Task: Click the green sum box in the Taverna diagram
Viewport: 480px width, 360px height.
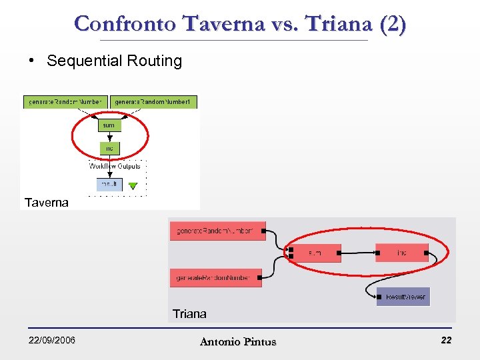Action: pyautogui.click(x=108, y=125)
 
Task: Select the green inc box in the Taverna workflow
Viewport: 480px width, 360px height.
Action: pyautogui.click(x=109, y=148)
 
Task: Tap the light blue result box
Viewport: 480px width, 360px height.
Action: pyautogui.click(x=109, y=184)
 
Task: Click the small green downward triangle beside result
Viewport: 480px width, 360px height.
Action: pyautogui.click(x=133, y=186)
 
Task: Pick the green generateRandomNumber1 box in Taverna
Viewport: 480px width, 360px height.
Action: pyautogui.click(x=154, y=102)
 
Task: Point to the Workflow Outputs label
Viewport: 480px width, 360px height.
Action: pyautogui.click(x=115, y=166)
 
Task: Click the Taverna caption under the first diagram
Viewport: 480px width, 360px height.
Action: pyautogui.click(x=46, y=202)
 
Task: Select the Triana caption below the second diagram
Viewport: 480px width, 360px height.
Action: pyautogui.click(x=189, y=313)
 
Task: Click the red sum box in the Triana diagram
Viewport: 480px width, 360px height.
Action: pyautogui.click(x=315, y=253)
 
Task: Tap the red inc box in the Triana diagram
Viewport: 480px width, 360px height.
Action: pyautogui.click(x=401, y=253)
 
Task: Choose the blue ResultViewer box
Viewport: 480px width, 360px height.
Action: pyautogui.click(x=403, y=297)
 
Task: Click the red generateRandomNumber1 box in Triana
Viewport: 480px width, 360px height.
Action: pyautogui.click(x=217, y=231)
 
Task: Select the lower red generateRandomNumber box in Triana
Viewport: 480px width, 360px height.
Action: pyautogui.click(x=215, y=277)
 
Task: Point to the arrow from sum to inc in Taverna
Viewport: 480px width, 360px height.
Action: pyautogui.click(x=109, y=137)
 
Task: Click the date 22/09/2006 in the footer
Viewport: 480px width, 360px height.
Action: pyautogui.click(x=51, y=341)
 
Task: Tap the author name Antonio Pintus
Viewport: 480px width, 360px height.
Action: pyautogui.click(x=238, y=342)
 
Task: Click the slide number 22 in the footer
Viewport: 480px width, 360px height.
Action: pyautogui.click(x=446, y=341)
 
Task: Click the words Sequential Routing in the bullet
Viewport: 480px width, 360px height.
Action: pyautogui.click(x=114, y=61)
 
